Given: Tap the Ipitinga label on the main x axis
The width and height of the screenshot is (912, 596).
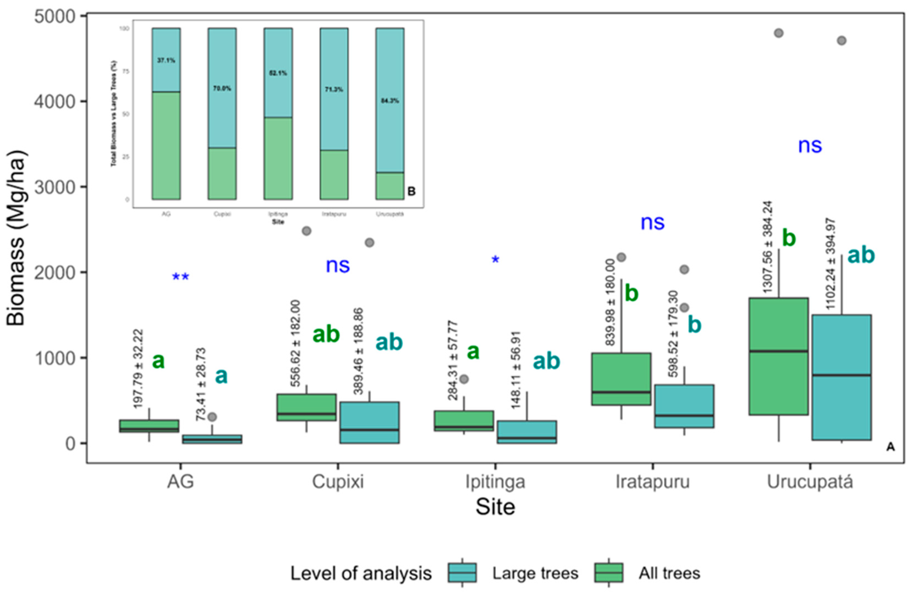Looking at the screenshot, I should tap(495, 482).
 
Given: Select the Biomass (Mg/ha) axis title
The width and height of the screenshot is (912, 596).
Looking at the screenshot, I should tap(16, 238).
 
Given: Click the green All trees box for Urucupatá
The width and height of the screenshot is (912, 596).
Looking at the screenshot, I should tap(779, 356).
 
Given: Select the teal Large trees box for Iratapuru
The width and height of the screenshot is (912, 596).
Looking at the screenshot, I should tap(684, 406).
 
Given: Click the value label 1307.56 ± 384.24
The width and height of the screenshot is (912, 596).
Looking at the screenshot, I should tap(768, 247).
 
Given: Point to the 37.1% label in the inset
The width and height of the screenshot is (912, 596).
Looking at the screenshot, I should tap(166, 60).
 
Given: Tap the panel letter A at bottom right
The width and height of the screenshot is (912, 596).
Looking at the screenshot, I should tap(890, 447).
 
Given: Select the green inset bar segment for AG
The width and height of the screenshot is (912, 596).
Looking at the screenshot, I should tap(166, 145).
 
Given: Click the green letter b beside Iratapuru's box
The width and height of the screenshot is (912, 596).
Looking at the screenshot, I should tap(631, 294).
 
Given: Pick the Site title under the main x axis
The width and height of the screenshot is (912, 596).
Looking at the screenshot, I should tap(495, 507).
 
